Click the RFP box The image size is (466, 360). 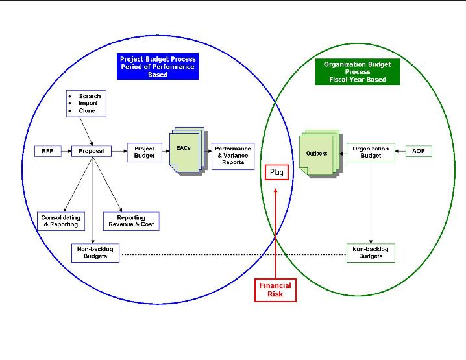point(47,151)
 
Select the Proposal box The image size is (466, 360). point(92,151)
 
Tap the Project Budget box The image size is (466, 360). point(144,152)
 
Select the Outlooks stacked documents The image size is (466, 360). point(318,154)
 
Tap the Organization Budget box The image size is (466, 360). point(371,152)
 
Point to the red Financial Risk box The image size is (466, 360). point(275,290)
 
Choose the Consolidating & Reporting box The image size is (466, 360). point(60,221)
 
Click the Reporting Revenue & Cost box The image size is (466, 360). point(131,221)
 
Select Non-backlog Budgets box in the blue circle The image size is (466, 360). point(95,252)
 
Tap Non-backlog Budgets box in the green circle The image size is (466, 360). point(371,252)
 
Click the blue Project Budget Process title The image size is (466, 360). point(158,67)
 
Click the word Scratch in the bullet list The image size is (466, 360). point(90,96)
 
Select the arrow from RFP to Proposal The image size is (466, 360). point(65,151)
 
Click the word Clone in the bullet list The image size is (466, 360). point(87,110)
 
